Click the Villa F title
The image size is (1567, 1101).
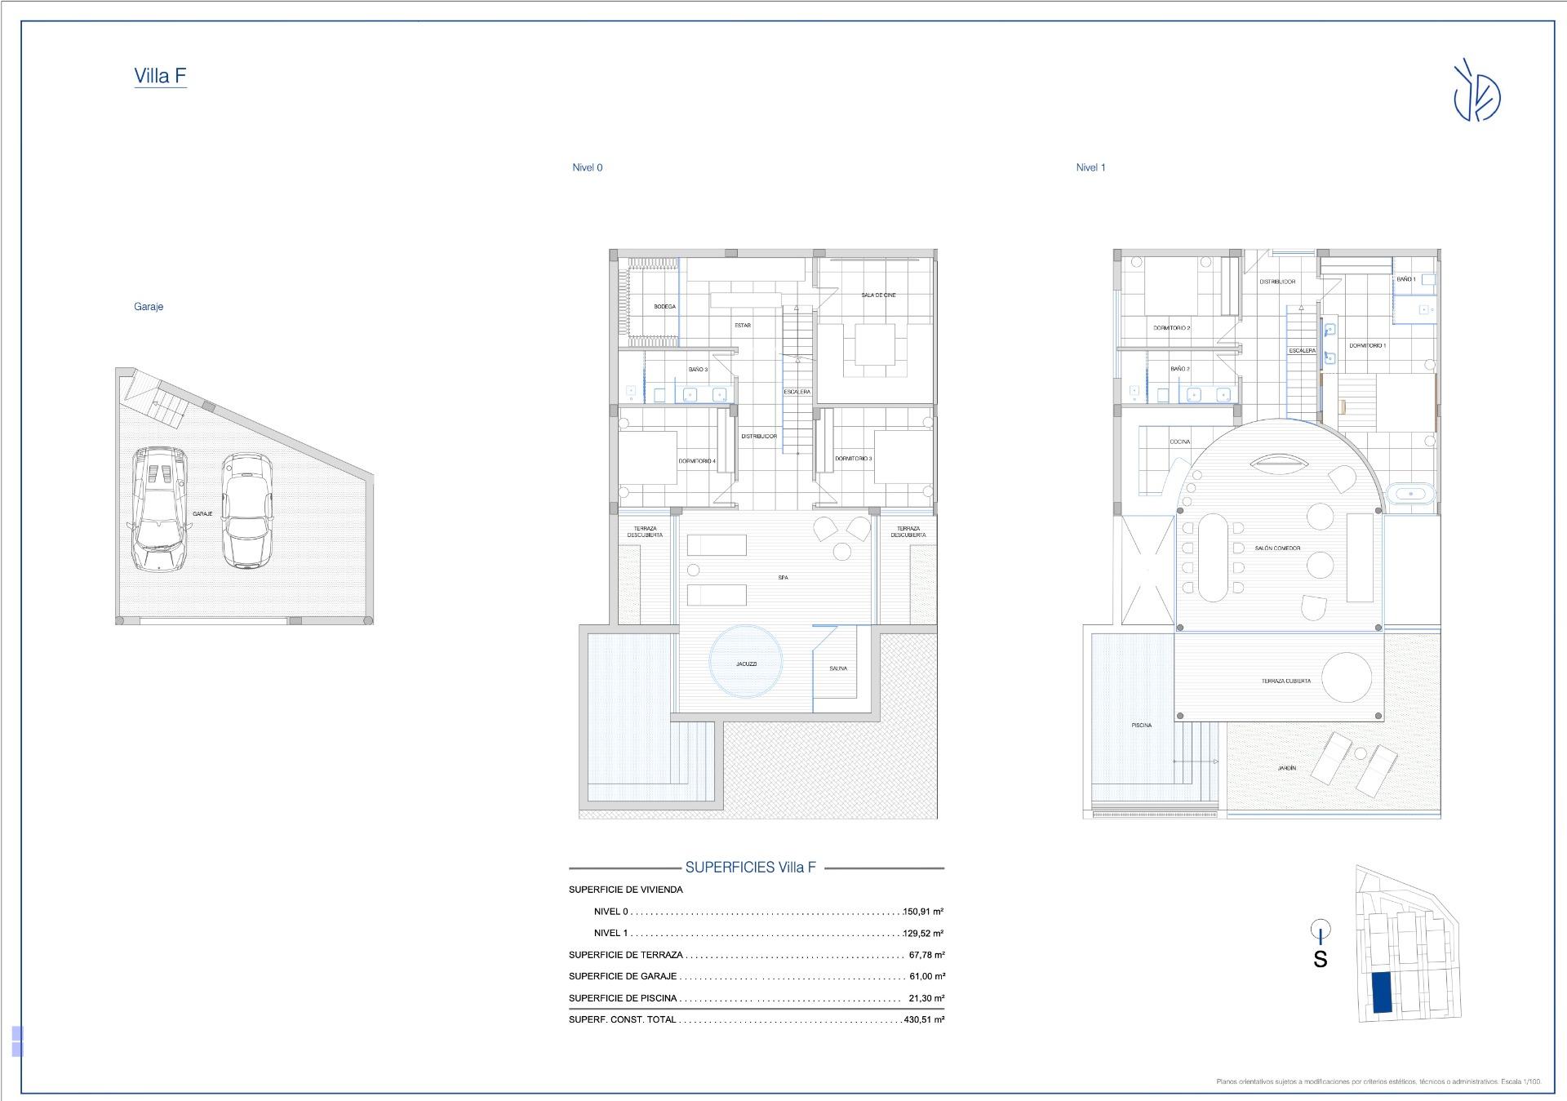pyautogui.click(x=160, y=76)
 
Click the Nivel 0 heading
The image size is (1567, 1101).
pyautogui.click(x=587, y=167)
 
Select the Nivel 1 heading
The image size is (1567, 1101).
pyautogui.click(x=1090, y=167)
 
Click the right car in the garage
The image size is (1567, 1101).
pyautogui.click(x=246, y=511)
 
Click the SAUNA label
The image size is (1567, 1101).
pyautogui.click(x=838, y=668)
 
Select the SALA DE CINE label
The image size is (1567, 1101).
pyautogui.click(x=878, y=295)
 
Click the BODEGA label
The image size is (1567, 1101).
pyautogui.click(x=664, y=307)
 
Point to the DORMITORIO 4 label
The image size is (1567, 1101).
pyautogui.click(x=696, y=461)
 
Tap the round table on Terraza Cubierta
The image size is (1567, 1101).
pyautogui.click(x=1347, y=677)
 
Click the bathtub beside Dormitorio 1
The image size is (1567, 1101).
pyautogui.click(x=1411, y=493)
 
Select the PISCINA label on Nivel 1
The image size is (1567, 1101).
pyautogui.click(x=1141, y=725)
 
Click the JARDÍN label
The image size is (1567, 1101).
pyautogui.click(x=1286, y=768)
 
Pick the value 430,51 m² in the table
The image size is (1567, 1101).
pyautogui.click(x=924, y=1019)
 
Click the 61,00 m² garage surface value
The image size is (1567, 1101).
pyautogui.click(x=926, y=976)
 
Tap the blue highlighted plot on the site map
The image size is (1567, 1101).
pyautogui.click(x=1382, y=992)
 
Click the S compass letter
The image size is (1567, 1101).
pyautogui.click(x=1320, y=960)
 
